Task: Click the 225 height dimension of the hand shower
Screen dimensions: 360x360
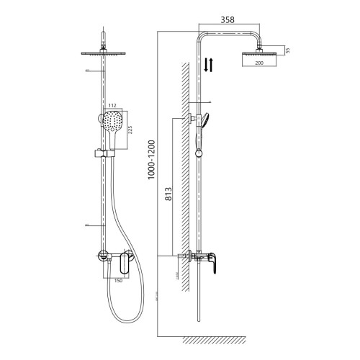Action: [131, 130]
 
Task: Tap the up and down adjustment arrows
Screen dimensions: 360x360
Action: [208, 65]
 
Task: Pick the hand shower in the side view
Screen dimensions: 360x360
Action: [207, 122]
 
